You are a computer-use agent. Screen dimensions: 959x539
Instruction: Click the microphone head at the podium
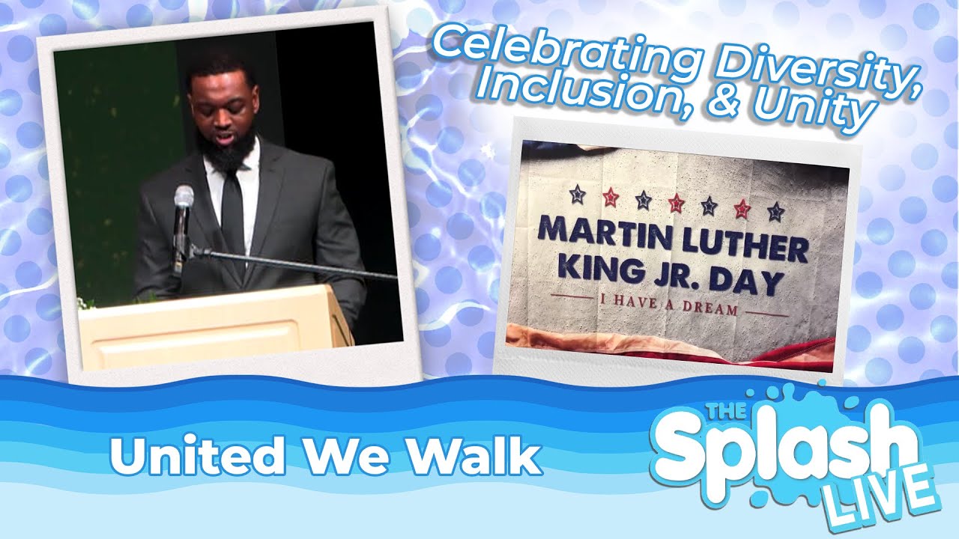click(x=184, y=198)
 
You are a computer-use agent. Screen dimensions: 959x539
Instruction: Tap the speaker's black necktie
click(x=233, y=218)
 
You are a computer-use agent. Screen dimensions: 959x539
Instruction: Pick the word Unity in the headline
click(x=811, y=112)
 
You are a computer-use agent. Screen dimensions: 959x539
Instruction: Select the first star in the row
click(x=577, y=194)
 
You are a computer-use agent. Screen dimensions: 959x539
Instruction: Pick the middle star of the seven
click(x=676, y=202)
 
